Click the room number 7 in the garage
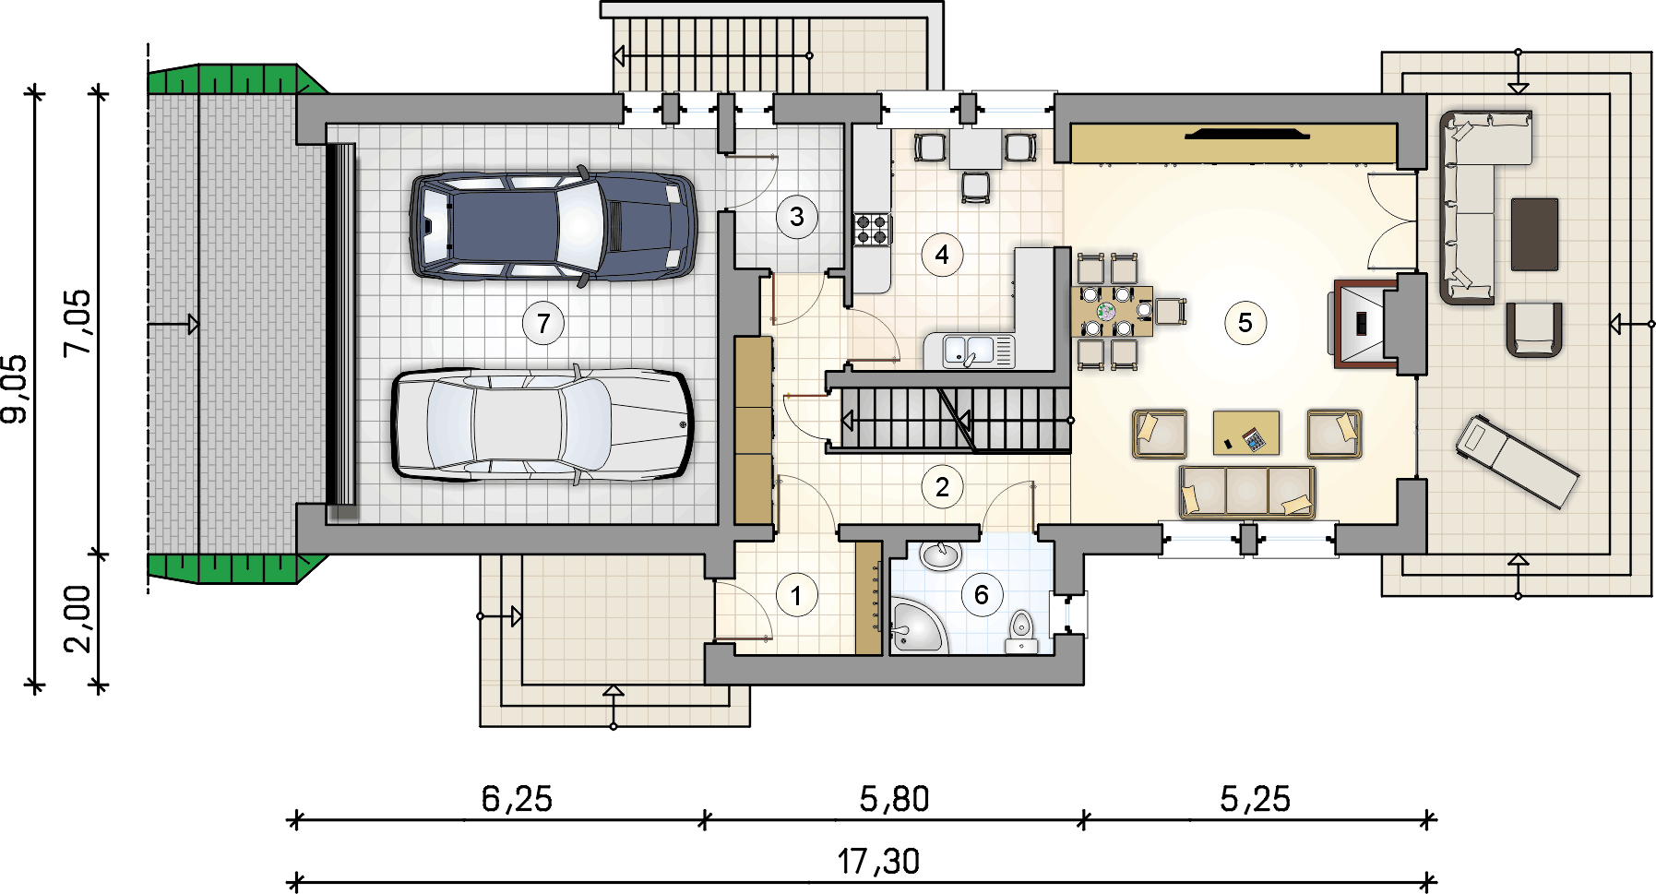click(543, 324)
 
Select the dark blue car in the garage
click(553, 225)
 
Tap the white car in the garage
click(542, 425)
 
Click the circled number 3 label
click(796, 218)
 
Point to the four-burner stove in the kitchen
click(872, 229)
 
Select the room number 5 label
click(1245, 323)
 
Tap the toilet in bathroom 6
click(1020, 631)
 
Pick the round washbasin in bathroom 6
click(941, 555)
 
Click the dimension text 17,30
click(878, 862)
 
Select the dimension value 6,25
click(517, 799)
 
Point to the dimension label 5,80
click(894, 799)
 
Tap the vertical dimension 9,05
click(17, 388)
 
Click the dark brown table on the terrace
click(1534, 234)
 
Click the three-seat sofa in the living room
click(1246, 492)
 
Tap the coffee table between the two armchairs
click(1245, 433)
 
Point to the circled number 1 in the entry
click(796, 595)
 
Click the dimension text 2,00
click(77, 619)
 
